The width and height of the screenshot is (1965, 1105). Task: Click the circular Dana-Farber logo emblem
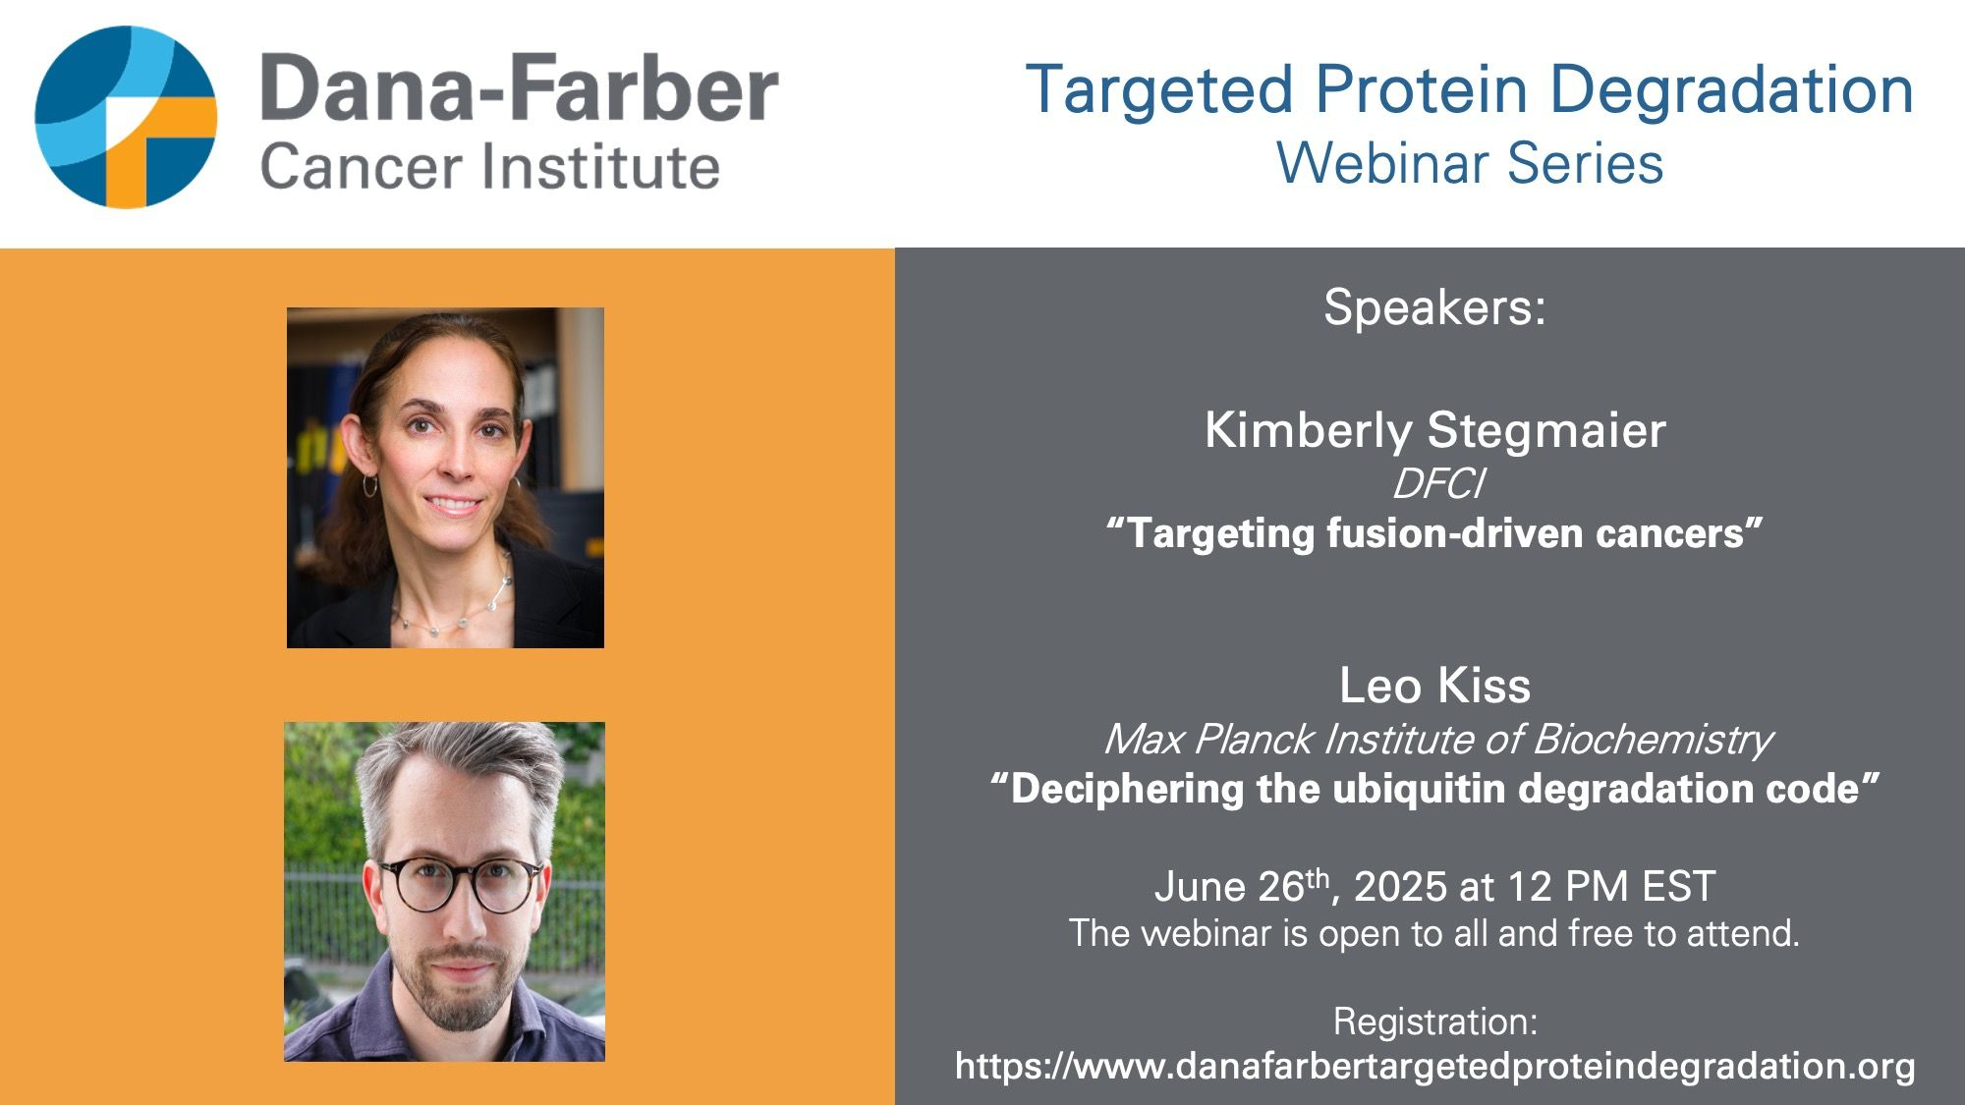(126, 117)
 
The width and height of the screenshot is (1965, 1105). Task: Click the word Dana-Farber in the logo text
(520, 88)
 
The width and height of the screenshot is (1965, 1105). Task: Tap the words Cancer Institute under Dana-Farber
(490, 166)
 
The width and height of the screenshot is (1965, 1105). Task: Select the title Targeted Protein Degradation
(1470, 90)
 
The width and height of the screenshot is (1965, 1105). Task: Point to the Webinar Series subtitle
(1470, 163)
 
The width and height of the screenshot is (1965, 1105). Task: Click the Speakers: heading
(1434, 307)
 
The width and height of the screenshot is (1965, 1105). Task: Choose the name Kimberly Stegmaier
(1435, 431)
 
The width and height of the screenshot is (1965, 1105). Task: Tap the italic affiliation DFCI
(1437, 483)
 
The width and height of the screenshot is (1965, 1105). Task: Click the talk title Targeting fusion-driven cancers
(1434, 533)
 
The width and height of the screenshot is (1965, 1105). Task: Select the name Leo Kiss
(1434, 686)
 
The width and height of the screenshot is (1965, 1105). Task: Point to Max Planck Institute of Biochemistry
(1437, 740)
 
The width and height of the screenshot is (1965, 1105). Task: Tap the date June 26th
(1242, 887)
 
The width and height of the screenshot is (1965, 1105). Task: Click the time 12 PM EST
(1610, 887)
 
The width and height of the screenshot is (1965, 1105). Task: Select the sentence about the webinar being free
(1434, 933)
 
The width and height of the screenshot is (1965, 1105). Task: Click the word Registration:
(1434, 1022)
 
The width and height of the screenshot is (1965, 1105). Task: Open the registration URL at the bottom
(1434, 1067)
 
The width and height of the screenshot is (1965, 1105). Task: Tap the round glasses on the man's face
(460, 884)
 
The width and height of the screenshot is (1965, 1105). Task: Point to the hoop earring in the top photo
(369, 485)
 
